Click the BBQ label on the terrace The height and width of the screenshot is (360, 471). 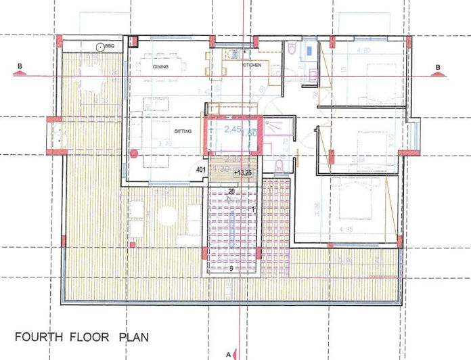(110, 46)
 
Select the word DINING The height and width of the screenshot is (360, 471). (160, 67)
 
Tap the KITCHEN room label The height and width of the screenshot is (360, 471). (252, 65)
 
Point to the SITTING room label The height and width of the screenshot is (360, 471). (164, 131)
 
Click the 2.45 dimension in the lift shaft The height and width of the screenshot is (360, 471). (233, 128)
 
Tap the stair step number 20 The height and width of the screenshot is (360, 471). (231, 192)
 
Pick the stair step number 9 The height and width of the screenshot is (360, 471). (231, 268)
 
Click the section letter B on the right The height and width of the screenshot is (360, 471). (439, 66)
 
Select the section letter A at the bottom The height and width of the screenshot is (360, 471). (228, 353)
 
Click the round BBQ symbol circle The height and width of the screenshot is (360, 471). (100, 46)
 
